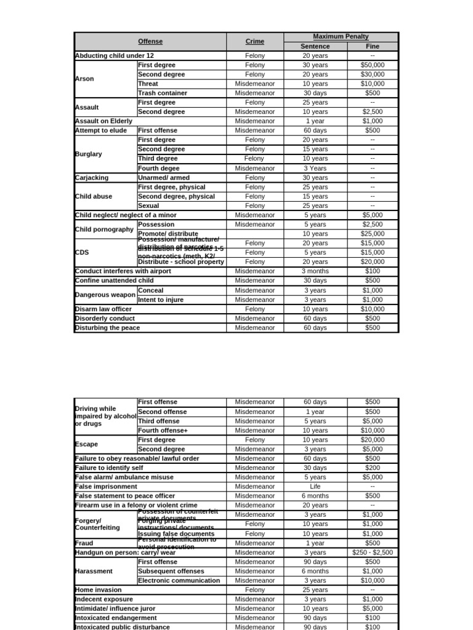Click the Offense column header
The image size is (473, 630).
point(150,41)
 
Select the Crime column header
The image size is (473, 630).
point(254,41)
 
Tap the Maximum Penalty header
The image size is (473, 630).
point(341,37)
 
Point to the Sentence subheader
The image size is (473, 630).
point(315,46)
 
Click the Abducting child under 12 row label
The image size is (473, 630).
point(115,55)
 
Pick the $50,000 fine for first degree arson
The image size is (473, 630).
point(372,65)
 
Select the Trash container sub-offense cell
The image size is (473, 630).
point(163,93)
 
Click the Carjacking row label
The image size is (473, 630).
point(92,177)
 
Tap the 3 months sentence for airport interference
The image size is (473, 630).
point(315,271)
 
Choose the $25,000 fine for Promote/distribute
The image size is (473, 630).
point(372,234)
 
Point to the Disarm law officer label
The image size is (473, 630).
point(103,309)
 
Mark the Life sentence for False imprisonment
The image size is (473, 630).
point(315,486)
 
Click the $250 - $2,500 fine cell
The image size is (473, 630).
point(372,552)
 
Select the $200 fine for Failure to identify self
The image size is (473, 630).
point(372,468)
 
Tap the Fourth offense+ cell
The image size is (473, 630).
point(163,431)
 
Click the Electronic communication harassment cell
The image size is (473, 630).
point(179,580)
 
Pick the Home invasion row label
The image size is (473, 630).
point(99,589)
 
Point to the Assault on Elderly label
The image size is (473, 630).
point(103,121)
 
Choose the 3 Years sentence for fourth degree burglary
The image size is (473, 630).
point(315,168)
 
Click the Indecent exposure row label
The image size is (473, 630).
point(103,599)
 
